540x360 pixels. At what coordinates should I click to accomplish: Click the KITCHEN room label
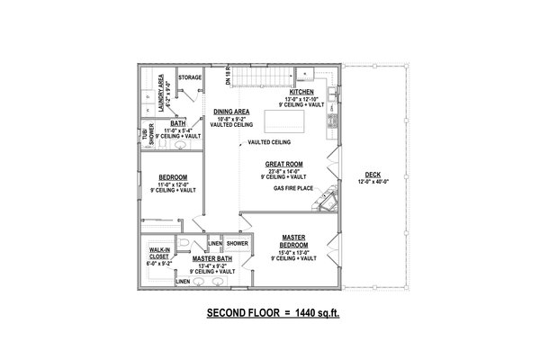click(x=301, y=92)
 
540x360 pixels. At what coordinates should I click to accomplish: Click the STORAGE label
click(x=189, y=78)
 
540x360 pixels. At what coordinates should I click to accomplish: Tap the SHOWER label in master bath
click(x=237, y=243)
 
